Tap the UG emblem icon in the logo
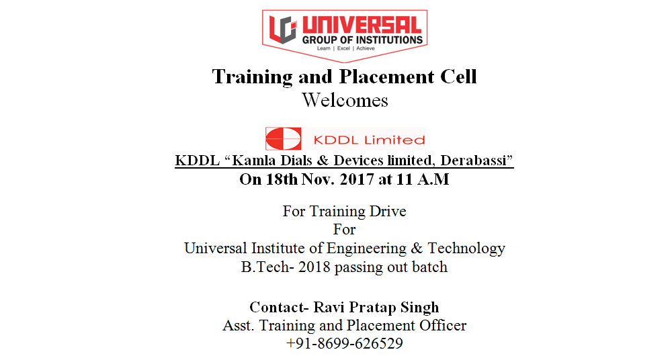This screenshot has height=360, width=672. (x=282, y=29)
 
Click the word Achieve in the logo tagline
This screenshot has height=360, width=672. (x=366, y=48)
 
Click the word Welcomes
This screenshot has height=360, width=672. (x=345, y=100)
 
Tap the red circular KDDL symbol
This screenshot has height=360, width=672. (x=284, y=139)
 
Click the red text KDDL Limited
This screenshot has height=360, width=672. (x=369, y=140)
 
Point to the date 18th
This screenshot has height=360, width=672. (x=282, y=179)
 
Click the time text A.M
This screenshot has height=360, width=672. (x=433, y=179)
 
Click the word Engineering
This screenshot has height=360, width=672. (x=366, y=249)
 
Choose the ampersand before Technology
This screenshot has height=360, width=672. (x=417, y=249)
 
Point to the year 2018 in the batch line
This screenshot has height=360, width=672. (x=314, y=267)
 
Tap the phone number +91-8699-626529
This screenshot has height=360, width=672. (x=345, y=344)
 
